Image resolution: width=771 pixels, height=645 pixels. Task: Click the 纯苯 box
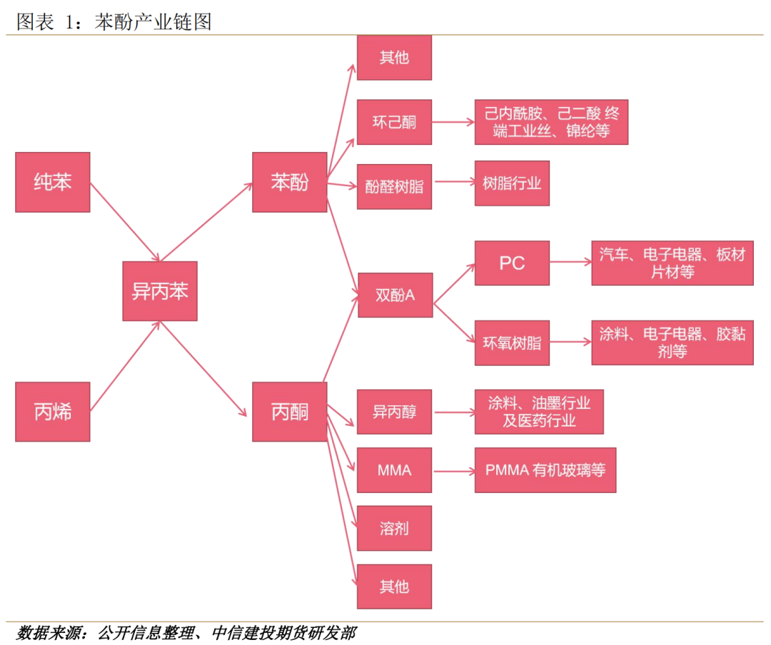click(x=53, y=182)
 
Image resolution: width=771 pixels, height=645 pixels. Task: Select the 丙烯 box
click(x=53, y=412)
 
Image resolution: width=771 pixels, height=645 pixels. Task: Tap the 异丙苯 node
click(x=160, y=291)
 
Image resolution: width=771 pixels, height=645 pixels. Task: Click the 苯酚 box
click(x=290, y=182)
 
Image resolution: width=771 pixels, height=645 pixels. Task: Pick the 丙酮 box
click(x=290, y=412)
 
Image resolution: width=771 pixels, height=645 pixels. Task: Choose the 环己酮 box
click(x=394, y=123)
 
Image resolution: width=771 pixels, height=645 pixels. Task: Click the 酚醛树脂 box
click(x=394, y=186)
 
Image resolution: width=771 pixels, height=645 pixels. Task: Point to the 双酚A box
click(x=395, y=294)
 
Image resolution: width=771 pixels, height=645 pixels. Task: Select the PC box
click(x=512, y=263)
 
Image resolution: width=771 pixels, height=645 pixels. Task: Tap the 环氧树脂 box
click(x=512, y=342)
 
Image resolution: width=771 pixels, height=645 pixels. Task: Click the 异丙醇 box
click(x=394, y=412)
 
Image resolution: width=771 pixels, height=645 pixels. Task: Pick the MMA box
click(x=394, y=470)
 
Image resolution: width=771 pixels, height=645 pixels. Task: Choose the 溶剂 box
click(x=394, y=529)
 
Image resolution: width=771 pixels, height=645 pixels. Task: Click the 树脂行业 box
click(x=512, y=183)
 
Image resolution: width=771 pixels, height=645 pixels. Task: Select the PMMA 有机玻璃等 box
click(x=545, y=470)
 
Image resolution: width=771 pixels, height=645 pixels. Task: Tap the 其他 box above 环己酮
click(x=394, y=57)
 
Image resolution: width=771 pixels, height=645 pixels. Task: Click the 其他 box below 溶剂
click(x=394, y=586)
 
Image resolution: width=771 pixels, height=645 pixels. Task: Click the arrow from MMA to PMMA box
click(x=453, y=471)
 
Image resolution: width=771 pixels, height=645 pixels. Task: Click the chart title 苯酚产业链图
click(x=153, y=22)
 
